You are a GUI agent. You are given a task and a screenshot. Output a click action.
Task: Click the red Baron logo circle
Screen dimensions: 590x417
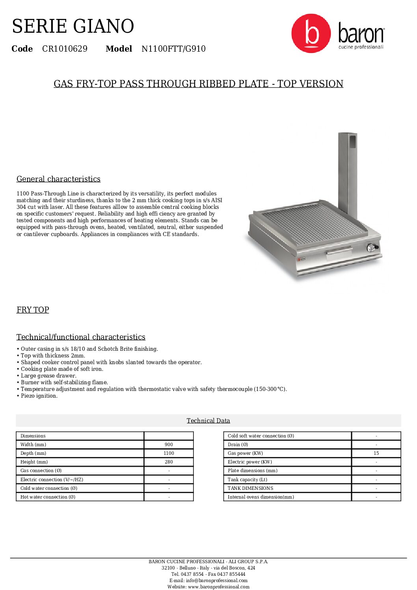(x=311, y=34)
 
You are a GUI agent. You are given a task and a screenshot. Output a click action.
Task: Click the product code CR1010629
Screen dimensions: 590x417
(x=65, y=49)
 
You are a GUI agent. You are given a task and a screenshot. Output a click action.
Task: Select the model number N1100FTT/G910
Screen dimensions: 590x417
(x=173, y=49)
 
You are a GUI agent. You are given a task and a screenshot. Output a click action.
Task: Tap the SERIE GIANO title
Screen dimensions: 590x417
(x=73, y=26)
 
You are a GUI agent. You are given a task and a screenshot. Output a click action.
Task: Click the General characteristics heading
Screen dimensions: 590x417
(x=58, y=179)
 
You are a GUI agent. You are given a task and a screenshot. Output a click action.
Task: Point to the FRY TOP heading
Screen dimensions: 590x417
(x=33, y=310)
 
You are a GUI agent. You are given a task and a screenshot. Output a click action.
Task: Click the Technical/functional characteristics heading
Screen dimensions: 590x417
(x=81, y=337)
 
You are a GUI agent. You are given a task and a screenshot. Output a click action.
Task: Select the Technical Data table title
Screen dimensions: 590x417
(x=208, y=421)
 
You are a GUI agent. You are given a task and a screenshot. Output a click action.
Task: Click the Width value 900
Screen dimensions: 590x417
(x=169, y=445)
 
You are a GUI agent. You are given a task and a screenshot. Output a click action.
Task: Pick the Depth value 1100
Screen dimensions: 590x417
(x=169, y=453)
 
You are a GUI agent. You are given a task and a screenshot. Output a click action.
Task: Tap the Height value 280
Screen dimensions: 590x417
(x=169, y=462)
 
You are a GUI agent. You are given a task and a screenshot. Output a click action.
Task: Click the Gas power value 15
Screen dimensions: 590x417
(x=376, y=453)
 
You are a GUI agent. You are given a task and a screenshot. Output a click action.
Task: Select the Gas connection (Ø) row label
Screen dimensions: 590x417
(x=41, y=471)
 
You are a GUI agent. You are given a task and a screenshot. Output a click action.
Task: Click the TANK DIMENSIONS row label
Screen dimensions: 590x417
(x=250, y=488)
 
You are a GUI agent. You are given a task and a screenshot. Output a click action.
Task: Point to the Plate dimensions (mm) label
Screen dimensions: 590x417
(x=252, y=471)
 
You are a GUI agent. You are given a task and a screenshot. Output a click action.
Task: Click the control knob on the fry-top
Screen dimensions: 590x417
(x=371, y=248)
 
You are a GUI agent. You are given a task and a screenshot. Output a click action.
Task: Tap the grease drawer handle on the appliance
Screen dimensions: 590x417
(x=339, y=251)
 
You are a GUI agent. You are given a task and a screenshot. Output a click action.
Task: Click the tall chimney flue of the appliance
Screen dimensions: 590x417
(x=347, y=173)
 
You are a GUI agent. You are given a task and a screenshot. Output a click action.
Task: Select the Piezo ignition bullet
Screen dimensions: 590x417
(x=39, y=396)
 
